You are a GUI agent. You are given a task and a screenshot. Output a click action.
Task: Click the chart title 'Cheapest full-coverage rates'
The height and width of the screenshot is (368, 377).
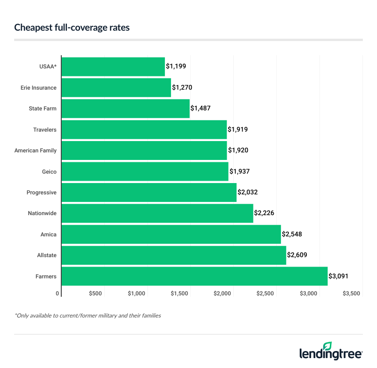point(72,28)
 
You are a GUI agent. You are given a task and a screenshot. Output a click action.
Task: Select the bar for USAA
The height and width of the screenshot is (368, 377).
point(113,67)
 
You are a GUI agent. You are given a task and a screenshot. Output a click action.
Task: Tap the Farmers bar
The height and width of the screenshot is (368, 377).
point(194,276)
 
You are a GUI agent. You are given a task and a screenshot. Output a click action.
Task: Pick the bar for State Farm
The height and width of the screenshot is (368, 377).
point(125,109)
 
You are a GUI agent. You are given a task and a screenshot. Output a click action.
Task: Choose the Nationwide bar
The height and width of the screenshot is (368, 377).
point(157,213)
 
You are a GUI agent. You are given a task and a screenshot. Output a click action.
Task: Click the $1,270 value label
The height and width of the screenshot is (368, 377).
point(182,87)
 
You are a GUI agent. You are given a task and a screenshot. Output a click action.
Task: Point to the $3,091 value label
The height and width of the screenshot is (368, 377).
point(339,276)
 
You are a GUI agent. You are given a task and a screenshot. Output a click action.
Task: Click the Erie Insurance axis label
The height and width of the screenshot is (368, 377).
point(39,88)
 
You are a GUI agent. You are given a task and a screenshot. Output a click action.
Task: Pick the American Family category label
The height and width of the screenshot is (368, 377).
point(35,151)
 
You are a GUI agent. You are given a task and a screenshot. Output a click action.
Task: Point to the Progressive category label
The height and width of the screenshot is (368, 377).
point(41,192)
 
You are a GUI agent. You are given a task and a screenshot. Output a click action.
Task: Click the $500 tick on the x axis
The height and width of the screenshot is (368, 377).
point(95,293)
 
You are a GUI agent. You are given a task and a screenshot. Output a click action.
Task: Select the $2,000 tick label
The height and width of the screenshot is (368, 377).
point(222,293)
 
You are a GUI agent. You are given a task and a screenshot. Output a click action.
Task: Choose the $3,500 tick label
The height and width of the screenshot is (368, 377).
point(352,293)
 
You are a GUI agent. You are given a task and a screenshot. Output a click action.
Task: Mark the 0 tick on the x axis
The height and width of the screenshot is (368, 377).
point(58,293)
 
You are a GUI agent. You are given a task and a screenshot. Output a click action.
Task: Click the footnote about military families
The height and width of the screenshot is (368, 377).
point(88,315)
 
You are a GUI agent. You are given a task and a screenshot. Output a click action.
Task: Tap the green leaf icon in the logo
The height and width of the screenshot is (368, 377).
point(327,346)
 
